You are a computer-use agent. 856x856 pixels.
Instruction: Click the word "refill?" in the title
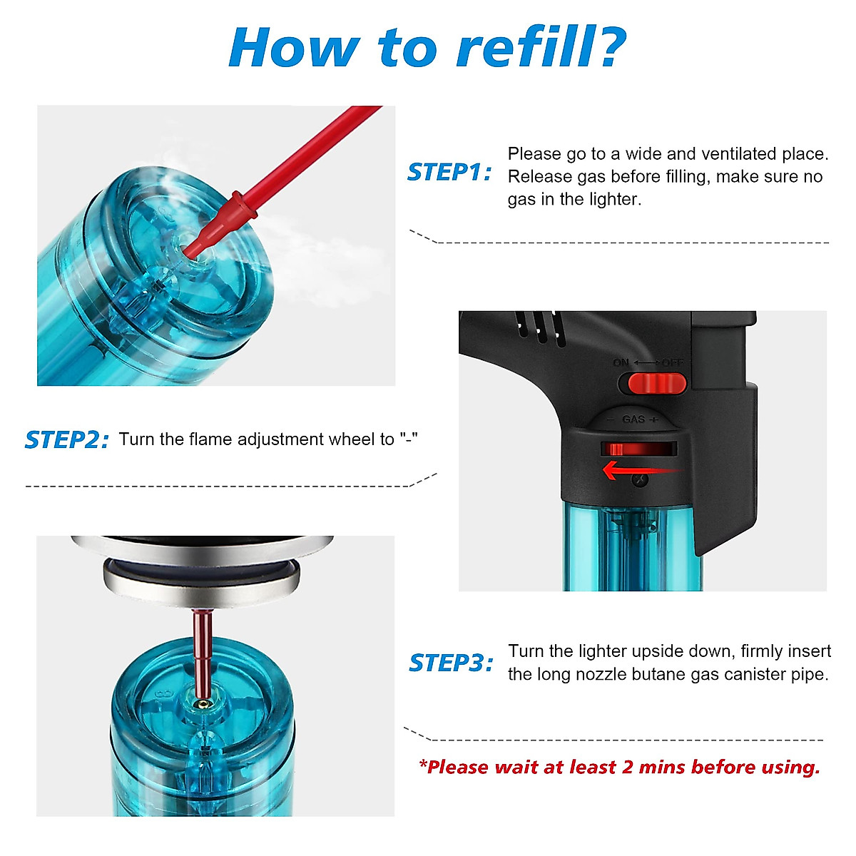[x=541, y=48]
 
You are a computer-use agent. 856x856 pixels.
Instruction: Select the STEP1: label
[x=449, y=173]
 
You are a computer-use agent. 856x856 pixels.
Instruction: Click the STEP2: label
[x=67, y=440]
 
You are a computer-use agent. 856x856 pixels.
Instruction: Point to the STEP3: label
[x=451, y=663]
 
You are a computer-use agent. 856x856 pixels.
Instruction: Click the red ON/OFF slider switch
[x=652, y=383]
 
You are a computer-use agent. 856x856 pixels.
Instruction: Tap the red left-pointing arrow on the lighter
[x=641, y=470]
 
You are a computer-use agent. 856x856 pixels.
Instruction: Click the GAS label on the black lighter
[x=633, y=419]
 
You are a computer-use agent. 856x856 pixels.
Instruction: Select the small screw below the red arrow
[x=640, y=479]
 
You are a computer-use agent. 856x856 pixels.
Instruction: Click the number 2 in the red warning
[x=627, y=768]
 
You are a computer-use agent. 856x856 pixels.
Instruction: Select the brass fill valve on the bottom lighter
[x=204, y=703]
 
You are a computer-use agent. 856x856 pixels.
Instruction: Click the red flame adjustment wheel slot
[x=638, y=448]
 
